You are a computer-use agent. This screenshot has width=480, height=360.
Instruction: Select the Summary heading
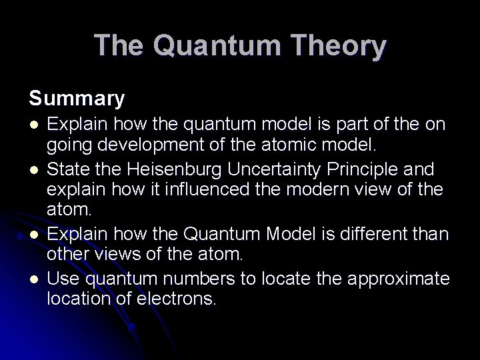tap(77, 99)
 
